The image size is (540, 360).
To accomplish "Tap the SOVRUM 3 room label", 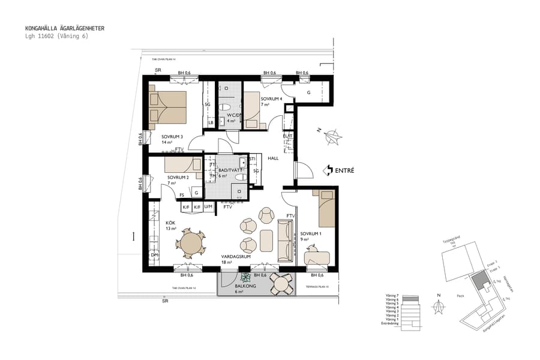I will tap(172, 136).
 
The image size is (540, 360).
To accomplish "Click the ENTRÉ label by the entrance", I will tap(343, 170).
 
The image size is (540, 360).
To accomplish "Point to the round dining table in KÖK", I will tap(191, 245).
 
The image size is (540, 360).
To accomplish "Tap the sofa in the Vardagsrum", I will tap(284, 241).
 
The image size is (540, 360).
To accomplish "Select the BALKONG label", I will tap(245, 286).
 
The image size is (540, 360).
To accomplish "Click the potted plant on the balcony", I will tap(245, 277).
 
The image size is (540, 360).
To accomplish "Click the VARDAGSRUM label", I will tap(235, 256).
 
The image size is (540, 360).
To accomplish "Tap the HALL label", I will tap(274, 158).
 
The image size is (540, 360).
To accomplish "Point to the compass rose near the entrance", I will tap(331, 137).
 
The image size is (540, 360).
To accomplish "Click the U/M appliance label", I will tap(208, 206).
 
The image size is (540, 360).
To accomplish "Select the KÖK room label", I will tap(171, 222).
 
